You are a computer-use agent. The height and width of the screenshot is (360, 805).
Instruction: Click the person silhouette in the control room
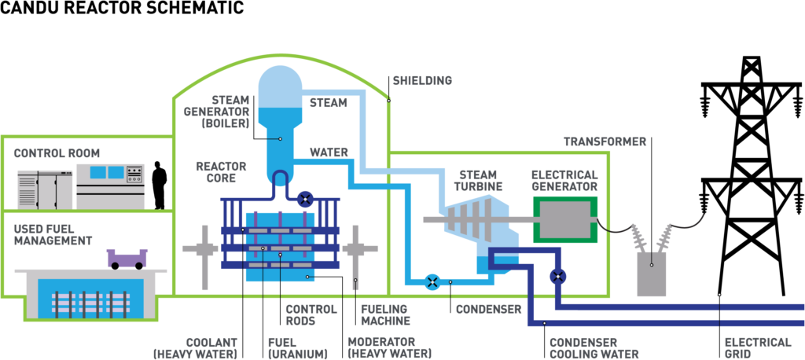pos(160,186)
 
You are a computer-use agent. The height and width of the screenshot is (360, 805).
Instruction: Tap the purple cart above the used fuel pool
pos(127,259)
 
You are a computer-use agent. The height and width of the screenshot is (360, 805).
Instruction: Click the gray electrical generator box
pos(565,219)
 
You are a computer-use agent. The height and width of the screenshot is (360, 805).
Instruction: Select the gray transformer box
pos(652,274)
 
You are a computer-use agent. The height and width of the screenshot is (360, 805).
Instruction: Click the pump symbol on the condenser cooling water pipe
pos(558,277)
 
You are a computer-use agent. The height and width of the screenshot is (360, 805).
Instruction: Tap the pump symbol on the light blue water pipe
pos(433,281)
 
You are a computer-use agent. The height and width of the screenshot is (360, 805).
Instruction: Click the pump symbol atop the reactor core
pos(306,200)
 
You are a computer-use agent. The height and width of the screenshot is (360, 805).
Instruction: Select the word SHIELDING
pos(422,81)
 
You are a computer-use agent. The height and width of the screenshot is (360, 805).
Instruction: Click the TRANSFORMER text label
pos(605,141)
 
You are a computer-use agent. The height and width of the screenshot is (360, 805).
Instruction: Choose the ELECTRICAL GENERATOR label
pos(564,181)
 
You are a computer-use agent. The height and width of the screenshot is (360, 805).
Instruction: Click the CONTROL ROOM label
pos(57,153)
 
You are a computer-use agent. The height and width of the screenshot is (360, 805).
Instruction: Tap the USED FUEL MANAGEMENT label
pos(53,234)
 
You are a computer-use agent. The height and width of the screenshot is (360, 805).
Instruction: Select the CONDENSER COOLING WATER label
pos(594,348)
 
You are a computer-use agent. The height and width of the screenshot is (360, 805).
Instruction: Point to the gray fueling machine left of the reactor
pos(204,251)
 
